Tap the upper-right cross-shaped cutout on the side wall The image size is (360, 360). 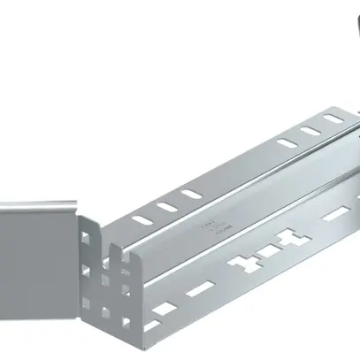(286, 237)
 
